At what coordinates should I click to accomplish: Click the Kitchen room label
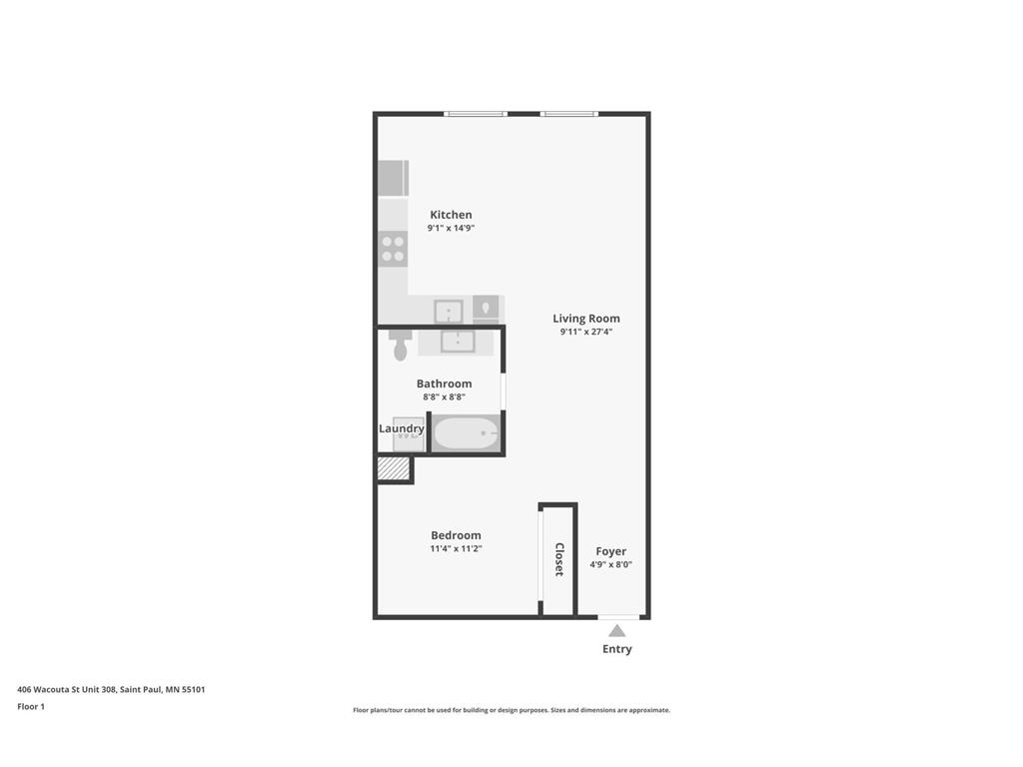tap(451, 215)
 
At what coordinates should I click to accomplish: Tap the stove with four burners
tap(393, 248)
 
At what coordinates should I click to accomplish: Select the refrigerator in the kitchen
tap(392, 178)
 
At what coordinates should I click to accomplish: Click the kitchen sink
tap(449, 310)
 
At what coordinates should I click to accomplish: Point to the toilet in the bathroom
tap(401, 346)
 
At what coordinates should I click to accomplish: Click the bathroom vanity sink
tap(458, 342)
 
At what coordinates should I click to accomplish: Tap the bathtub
tap(466, 433)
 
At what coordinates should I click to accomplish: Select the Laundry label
tap(402, 428)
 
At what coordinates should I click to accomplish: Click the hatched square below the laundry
tap(393, 468)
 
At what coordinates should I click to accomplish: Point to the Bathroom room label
tap(444, 383)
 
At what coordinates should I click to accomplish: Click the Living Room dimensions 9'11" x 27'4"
tap(585, 332)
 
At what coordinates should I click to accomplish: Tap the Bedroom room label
tap(456, 535)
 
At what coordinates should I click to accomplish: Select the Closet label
tap(559, 559)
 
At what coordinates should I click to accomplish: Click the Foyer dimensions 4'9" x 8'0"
tap(610, 564)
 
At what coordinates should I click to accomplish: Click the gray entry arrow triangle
tap(617, 630)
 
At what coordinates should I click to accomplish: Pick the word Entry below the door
tap(616, 649)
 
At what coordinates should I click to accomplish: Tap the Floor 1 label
tap(31, 707)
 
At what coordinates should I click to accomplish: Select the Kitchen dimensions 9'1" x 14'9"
tap(451, 228)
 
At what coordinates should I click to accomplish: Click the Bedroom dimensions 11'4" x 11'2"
tap(456, 548)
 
